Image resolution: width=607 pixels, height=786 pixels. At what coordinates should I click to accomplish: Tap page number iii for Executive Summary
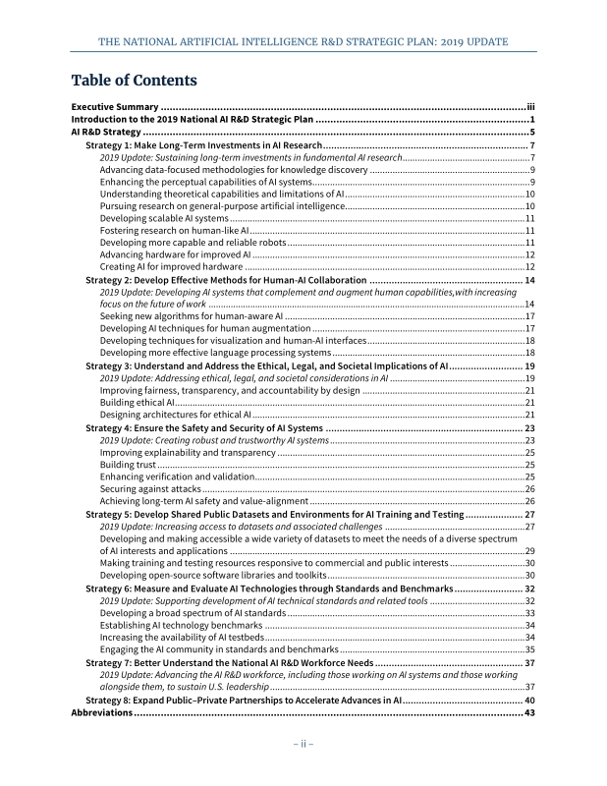pyautogui.click(x=529, y=106)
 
